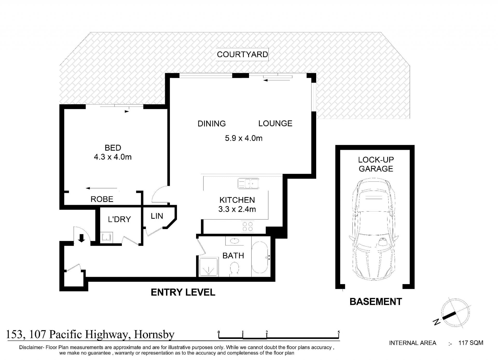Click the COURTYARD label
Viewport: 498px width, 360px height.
point(242,54)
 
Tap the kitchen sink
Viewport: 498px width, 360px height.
point(248,183)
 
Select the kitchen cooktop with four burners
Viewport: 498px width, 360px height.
point(247,226)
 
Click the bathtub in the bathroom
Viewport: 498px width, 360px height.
point(260,257)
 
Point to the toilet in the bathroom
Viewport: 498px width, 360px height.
point(234,269)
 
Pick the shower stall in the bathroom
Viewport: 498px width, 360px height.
point(208,267)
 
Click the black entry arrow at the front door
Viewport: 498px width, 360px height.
point(82,238)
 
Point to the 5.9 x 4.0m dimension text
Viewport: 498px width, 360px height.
point(244,138)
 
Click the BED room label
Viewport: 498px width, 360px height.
point(113,148)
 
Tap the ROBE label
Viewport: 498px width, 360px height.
point(102,199)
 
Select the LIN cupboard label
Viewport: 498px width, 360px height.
point(157,216)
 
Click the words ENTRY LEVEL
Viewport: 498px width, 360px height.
point(183,292)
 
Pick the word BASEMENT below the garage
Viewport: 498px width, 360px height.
point(376,302)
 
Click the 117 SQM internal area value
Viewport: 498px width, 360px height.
point(471,343)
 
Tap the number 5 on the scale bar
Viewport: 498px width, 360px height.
point(339,332)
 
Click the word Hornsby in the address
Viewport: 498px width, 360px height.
point(154,335)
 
